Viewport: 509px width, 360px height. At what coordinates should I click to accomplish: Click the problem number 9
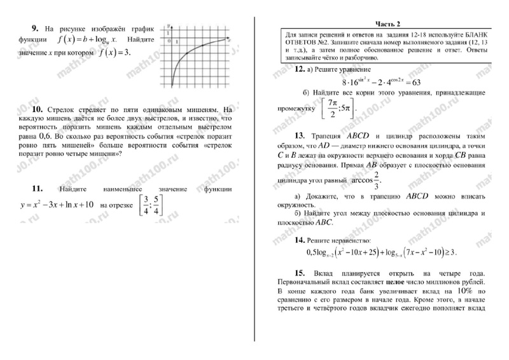[x=34, y=29]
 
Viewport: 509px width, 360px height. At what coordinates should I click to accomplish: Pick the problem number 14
[x=300, y=240]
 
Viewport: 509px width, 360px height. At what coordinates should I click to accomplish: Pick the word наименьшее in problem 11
[x=132, y=189]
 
